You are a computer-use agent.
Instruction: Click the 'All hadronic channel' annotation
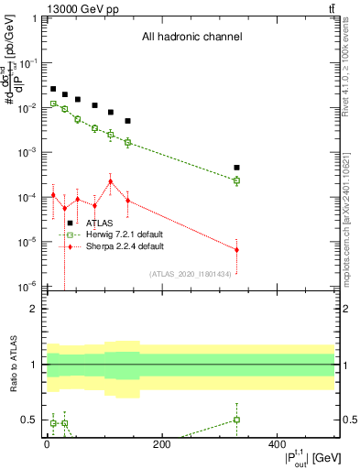[x=191, y=37]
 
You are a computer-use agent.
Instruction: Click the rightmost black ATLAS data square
[x=236, y=168]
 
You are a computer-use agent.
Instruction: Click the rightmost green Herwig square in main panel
[x=236, y=180]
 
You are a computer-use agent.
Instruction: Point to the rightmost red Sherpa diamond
[x=236, y=249]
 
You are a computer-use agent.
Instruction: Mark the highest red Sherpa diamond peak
[x=111, y=181]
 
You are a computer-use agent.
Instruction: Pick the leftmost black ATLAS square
[x=53, y=89]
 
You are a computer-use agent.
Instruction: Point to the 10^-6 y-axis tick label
[x=29, y=286]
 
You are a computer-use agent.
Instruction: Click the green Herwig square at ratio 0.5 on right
[x=236, y=420]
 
